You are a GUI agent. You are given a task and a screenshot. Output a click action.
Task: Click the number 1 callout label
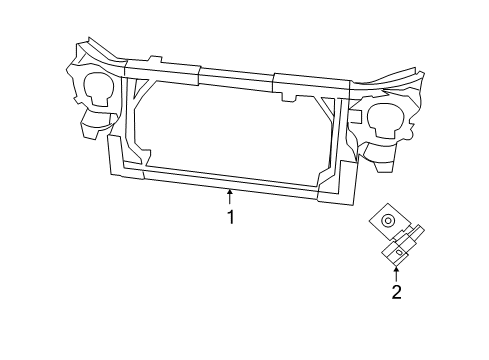(x=230, y=217)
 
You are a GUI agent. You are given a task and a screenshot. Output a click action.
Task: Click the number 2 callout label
(x=397, y=292)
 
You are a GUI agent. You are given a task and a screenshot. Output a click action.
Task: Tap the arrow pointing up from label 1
(x=230, y=196)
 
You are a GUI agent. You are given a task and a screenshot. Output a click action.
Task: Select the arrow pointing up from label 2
(x=397, y=273)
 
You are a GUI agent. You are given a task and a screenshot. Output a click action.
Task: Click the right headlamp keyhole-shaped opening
(x=385, y=119)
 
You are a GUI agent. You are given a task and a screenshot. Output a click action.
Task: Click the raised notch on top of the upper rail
(x=153, y=60)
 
